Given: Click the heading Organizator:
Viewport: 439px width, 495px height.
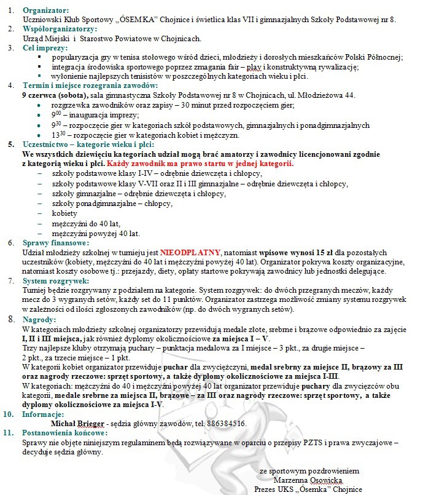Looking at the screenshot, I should pyautogui.click(x=46, y=10).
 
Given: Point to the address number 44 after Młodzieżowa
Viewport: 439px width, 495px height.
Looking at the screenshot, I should pyautogui.click(x=351, y=95).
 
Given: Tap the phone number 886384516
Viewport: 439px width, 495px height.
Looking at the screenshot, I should pyautogui.click(x=225, y=423).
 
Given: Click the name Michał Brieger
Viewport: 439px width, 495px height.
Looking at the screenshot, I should pyautogui.click(x=77, y=423).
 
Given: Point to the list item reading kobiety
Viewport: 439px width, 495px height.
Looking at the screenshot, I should pyautogui.click(x=65, y=213).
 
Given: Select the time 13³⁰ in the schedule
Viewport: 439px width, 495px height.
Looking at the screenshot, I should pyautogui.click(x=59, y=135).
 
